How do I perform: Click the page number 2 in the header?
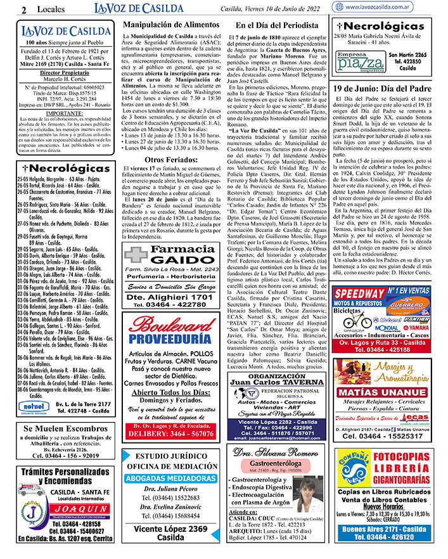[x=23, y=10]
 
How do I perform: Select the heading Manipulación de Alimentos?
[x=168, y=25]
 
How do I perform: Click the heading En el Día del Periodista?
[x=276, y=25]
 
